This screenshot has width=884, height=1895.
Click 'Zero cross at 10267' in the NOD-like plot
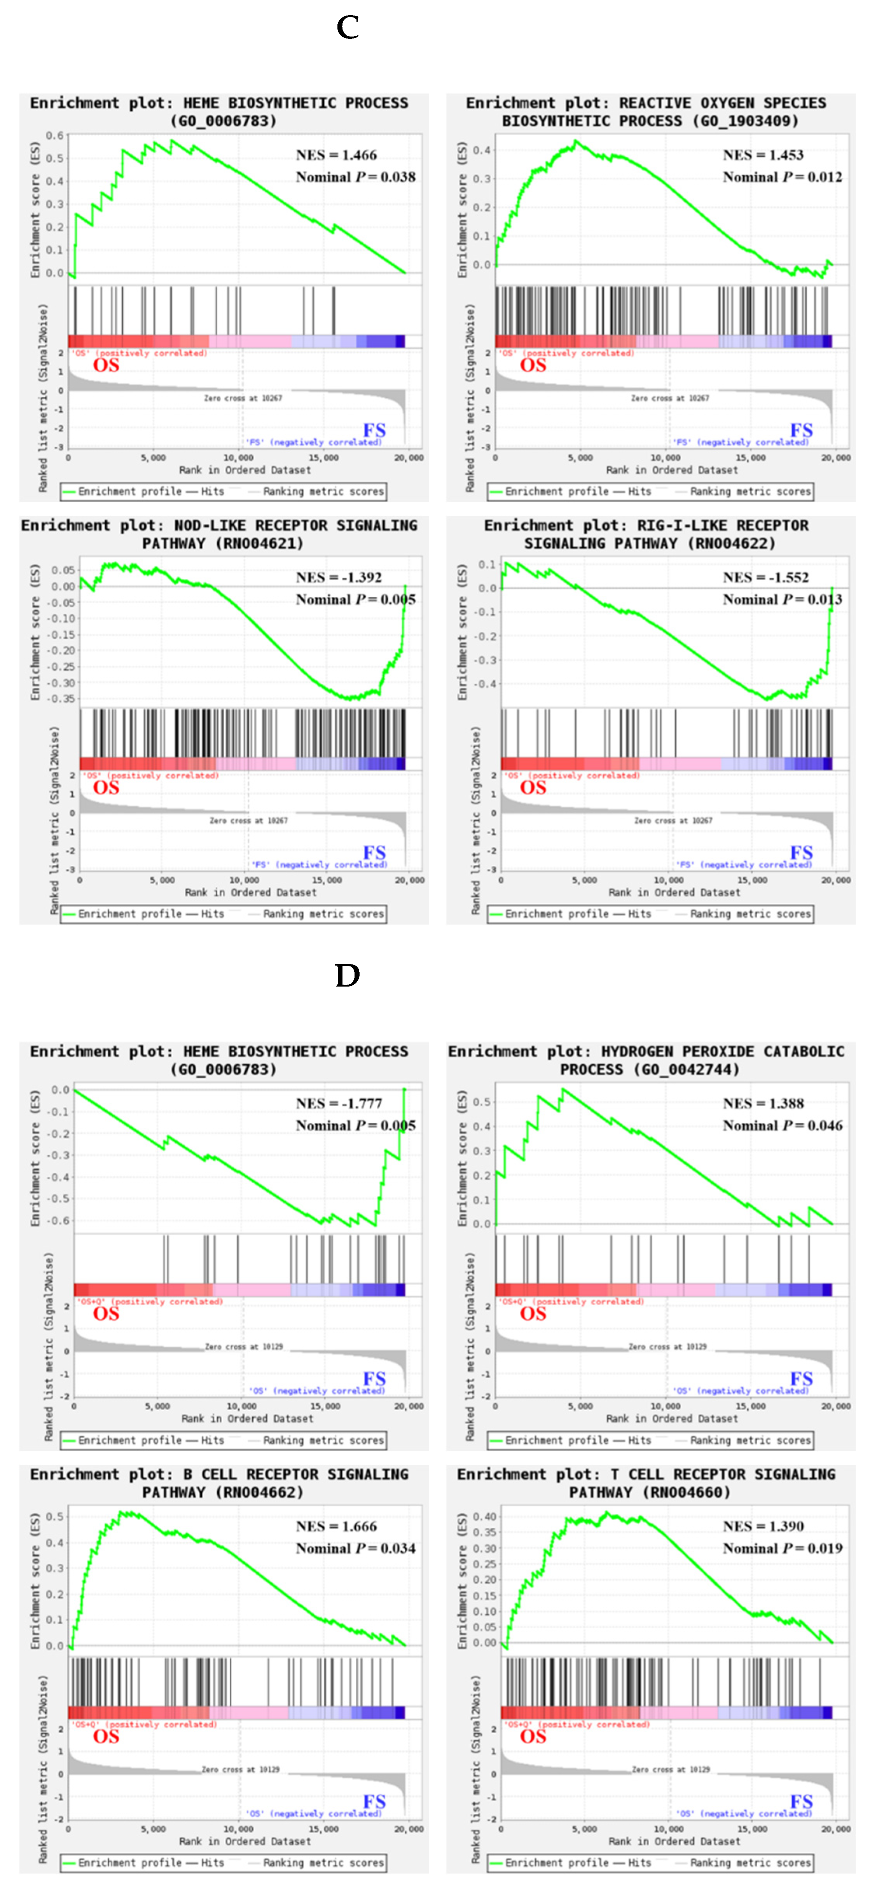tap(248, 820)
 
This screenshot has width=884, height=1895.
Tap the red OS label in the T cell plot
tap(533, 1737)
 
